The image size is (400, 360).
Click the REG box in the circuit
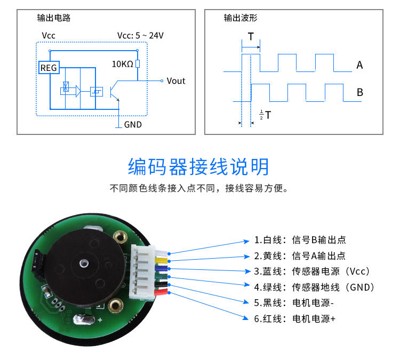click(49, 68)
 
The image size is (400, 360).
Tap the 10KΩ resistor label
click(122, 64)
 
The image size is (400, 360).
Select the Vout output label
click(175, 81)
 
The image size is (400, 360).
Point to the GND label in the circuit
click(133, 125)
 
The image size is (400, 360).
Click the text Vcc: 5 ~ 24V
click(140, 36)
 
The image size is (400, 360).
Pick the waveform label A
click(359, 66)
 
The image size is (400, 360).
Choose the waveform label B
click(359, 92)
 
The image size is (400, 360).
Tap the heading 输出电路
click(53, 18)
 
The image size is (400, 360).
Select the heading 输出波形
click(241, 18)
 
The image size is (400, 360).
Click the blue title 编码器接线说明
click(199, 167)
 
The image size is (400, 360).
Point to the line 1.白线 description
click(303, 240)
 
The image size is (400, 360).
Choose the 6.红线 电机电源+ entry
click(295, 319)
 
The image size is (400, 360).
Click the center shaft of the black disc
click(83, 263)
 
